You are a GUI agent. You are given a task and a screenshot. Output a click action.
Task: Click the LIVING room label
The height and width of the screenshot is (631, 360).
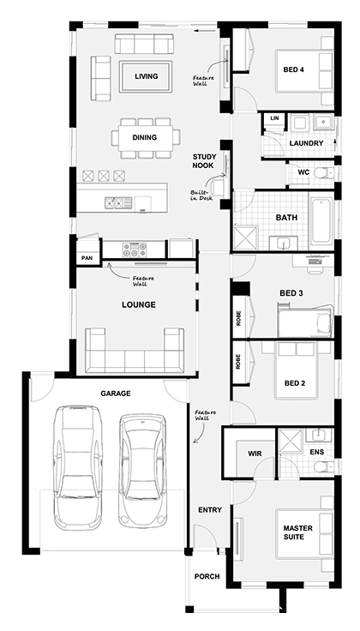(x=147, y=77)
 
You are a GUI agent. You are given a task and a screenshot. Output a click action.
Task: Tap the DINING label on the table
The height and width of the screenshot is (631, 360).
(x=144, y=137)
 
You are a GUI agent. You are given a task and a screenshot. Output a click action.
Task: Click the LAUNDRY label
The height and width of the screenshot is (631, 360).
(x=306, y=142)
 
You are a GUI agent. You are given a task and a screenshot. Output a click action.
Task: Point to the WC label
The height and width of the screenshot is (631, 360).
(x=303, y=171)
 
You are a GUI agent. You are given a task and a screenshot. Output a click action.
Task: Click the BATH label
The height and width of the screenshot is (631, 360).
(x=286, y=218)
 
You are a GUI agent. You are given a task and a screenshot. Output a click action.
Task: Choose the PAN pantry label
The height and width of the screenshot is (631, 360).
(x=87, y=257)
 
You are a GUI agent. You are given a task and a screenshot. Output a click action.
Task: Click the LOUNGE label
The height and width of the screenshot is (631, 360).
(x=138, y=303)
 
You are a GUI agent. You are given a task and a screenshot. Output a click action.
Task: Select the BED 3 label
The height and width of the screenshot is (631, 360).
(x=291, y=293)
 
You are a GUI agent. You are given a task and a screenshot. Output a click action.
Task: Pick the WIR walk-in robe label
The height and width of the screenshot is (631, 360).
(x=255, y=452)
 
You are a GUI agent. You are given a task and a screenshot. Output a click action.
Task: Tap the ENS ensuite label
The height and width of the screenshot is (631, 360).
(x=316, y=451)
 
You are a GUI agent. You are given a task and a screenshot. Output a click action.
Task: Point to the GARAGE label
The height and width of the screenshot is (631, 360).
(x=116, y=393)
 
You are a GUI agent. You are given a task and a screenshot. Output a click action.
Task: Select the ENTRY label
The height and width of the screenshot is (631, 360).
(x=210, y=510)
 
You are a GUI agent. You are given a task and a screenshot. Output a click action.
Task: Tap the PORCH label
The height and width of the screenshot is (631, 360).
(x=207, y=576)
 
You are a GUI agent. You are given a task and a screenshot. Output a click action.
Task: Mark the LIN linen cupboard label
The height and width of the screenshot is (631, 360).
(x=274, y=117)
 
